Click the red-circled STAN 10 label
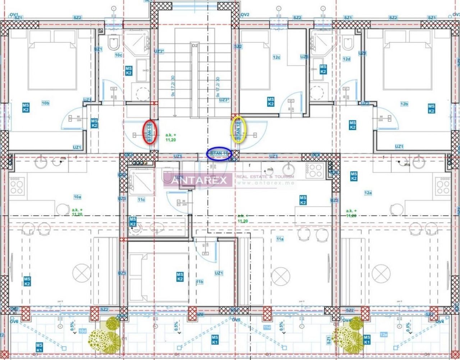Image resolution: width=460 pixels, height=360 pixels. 149,131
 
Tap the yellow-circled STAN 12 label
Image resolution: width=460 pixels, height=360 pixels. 238,129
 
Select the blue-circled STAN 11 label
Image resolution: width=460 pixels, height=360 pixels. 219,153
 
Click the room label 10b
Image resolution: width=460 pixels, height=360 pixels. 45,103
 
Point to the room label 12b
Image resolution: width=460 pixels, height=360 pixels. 404,104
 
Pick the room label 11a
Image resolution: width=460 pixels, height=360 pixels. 280,239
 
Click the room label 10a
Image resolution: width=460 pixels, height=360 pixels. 78,197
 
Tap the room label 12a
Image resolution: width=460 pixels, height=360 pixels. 368,193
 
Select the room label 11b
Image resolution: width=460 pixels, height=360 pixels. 200,282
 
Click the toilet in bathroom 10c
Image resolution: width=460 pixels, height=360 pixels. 114,44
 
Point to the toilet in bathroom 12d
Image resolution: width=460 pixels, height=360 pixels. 348,44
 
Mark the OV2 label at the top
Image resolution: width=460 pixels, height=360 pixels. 245,15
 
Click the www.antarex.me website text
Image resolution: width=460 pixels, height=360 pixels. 266,183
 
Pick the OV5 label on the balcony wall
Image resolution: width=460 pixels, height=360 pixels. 236,320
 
